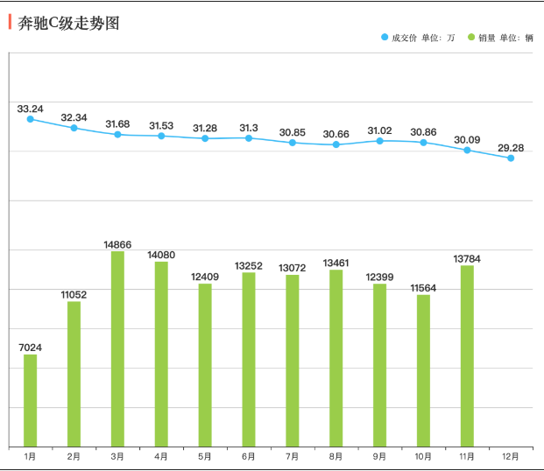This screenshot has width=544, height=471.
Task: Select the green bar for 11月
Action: point(467,355)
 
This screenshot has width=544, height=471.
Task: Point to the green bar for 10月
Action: point(423,370)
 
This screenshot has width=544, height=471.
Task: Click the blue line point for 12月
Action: point(511,158)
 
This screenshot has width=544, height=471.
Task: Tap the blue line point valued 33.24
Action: point(31,119)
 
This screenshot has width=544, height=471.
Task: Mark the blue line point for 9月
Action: point(380,140)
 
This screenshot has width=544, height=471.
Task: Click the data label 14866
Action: point(117,244)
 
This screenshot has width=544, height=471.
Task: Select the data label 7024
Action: point(31,348)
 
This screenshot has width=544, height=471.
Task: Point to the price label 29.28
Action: point(511,147)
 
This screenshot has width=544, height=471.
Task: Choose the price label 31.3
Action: point(249,128)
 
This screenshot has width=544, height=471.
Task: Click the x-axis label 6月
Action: point(249,456)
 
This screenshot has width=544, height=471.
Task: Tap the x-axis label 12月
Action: point(511,456)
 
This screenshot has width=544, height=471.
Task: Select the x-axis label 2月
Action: point(74,456)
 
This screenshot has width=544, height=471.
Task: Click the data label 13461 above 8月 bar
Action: point(336,263)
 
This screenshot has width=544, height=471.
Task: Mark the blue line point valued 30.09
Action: point(467,151)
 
